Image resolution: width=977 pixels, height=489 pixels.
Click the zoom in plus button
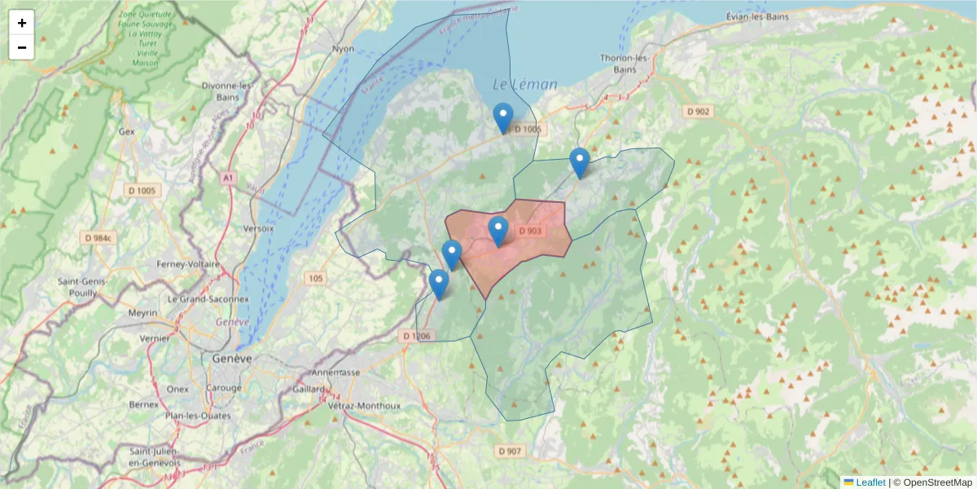point(22,23)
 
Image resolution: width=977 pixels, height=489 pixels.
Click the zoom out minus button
point(22,47)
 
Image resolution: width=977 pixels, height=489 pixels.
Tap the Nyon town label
point(344,49)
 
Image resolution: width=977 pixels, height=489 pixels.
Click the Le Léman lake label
point(525,84)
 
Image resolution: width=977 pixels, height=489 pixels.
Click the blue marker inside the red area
point(498,231)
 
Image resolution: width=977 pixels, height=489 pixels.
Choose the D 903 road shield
point(529,231)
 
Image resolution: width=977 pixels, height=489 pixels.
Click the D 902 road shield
point(698,112)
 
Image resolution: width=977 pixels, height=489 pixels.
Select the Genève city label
point(231,359)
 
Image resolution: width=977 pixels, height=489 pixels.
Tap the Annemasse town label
point(335,372)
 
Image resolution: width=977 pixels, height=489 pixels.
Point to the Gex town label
point(126,130)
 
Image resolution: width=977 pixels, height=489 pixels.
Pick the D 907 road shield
point(510,451)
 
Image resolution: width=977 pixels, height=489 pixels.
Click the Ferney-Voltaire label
point(193,265)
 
